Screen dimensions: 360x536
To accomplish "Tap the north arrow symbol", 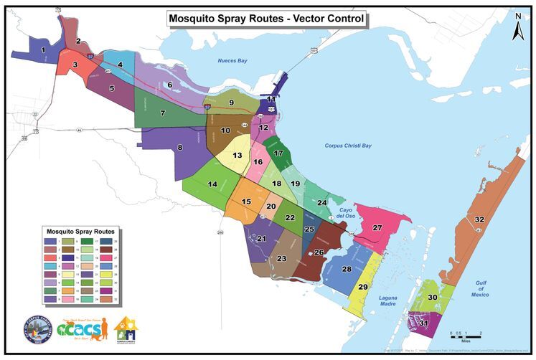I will tap(517, 29).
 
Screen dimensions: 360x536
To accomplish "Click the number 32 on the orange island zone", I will tap(479, 219).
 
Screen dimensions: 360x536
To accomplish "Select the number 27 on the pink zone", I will tap(377, 227).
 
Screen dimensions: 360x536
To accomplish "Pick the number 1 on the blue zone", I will tap(44, 49).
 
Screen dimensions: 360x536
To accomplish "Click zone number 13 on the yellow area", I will tap(236, 155).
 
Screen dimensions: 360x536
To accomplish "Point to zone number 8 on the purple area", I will tap(180, 148).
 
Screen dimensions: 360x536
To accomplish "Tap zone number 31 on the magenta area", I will tap(423, 323).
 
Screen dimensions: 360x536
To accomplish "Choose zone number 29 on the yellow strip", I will tap(362, 287).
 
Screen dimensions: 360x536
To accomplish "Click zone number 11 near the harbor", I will tap(271, 99).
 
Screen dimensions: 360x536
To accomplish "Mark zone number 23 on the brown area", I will tap(282, 259).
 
